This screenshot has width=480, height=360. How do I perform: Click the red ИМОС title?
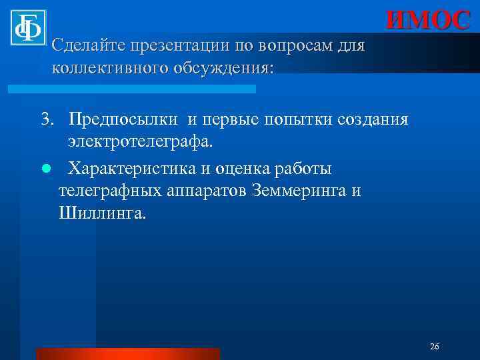tap(428, 21)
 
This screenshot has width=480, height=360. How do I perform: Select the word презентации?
tap(179, 46)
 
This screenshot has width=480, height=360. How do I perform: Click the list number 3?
tap(46, 119)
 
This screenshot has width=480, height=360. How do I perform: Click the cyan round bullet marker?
tap(46, 169)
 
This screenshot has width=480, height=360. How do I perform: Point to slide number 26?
tap(435, 347)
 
